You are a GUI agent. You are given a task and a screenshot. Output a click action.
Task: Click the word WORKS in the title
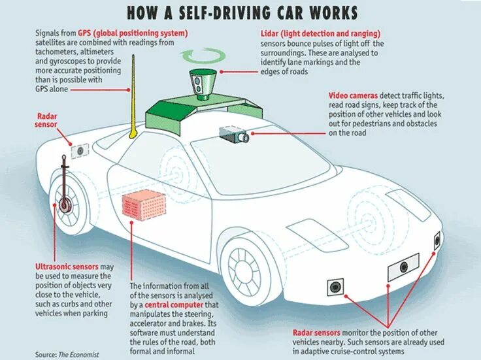point(329,12)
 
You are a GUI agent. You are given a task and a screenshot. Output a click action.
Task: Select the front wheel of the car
point(245,268)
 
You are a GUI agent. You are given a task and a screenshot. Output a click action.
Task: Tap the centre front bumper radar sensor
point(403,267)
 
